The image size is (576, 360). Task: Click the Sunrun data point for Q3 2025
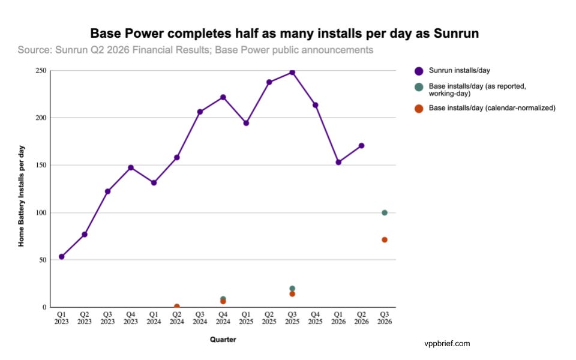[292, 73]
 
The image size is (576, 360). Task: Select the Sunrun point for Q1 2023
[62, 256]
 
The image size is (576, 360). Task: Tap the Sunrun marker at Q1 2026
[338, 162]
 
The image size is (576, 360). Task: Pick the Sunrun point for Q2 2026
[361, 146]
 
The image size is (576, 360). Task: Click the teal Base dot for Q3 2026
[385, 212]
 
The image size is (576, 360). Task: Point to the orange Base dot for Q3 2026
[385, 240]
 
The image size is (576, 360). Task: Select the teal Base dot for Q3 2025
[292, 289]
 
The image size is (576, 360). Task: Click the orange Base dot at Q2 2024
[176, 307]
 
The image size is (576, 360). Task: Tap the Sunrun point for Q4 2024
[223, 97]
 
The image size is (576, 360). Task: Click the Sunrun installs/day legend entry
[452, 71]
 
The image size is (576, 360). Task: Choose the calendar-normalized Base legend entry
[485, 108]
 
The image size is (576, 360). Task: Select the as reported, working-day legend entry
[470, 89]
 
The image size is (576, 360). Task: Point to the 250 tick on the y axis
[41, 70]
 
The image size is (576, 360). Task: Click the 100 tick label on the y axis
[41, 212]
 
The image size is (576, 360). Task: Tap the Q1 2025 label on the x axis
[246, 318]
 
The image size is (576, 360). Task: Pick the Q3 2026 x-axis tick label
[385, 318]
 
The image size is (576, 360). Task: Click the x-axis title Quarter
[223, 340]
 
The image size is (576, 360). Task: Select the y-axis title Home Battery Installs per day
[22, 196]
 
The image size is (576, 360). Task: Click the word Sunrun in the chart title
[456, 34]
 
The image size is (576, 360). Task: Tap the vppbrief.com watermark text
[447, 344]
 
